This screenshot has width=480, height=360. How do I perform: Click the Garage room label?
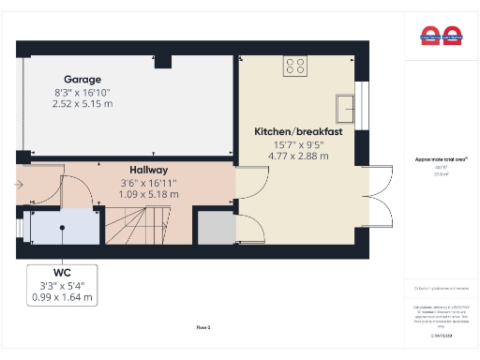(82, 80)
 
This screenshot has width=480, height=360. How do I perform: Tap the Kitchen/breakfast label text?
(298, 132)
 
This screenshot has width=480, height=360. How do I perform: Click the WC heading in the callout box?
(62, 273)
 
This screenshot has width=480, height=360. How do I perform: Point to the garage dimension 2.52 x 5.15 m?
(82, 103)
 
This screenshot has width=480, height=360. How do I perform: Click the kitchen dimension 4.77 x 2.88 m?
(298, 156)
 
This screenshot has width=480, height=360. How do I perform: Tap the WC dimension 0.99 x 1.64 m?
(62, 297)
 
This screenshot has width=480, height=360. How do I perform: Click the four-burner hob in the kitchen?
(295, 66)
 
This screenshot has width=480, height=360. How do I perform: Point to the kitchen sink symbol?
(347, 102)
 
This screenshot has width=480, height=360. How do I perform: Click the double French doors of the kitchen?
(382, 196)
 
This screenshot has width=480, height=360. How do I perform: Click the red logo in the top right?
(441, 37)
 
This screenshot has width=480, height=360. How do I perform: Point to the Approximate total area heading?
(441, 159)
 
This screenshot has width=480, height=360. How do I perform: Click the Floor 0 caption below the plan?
(203, 327)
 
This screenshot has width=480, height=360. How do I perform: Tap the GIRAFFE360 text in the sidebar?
(441, 335)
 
